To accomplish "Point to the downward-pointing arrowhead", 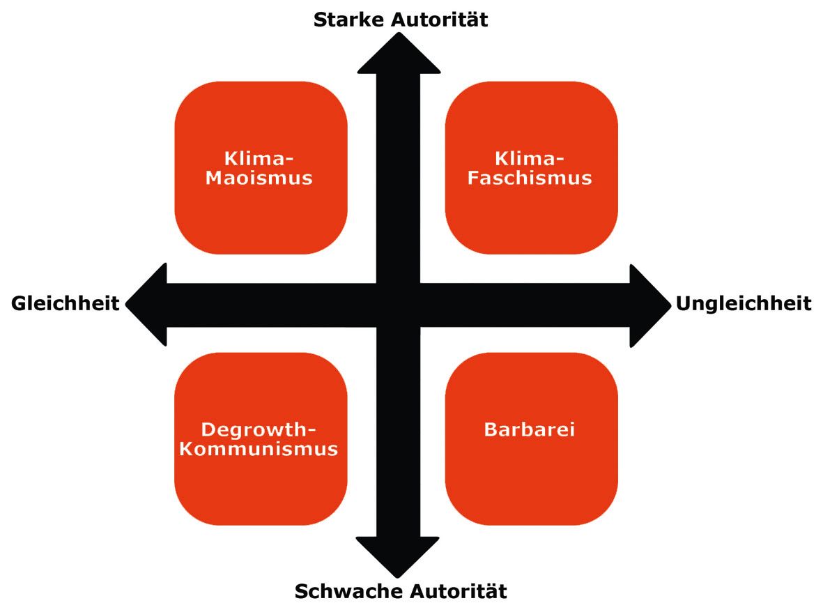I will pos(399,554).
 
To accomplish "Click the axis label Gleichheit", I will pos(65,304).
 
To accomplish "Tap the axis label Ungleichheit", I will pos(744,304).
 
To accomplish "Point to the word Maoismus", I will pos(259,178).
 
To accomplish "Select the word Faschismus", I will pos(530,178).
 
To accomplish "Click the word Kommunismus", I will pos(259,449).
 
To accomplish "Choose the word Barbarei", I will pos(530,429).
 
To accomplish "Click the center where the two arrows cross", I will pos(399,305).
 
